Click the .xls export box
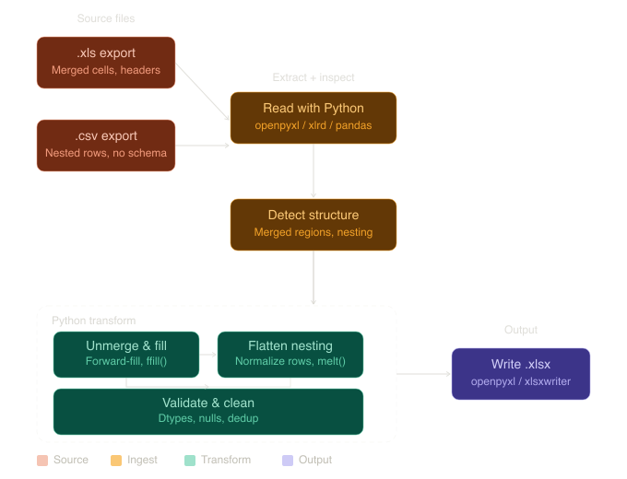[x=106, y=63]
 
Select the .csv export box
[x=106, y=145]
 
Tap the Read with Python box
[x=313, y=117]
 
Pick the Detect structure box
[x=313, y=224]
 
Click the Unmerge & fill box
[x=126, y=354]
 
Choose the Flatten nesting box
[x=290, y=354]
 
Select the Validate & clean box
[x=208, y=411]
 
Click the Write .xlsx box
[x=521, y=373]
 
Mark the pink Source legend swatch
[x=41, y=460]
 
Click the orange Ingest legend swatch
[x=115, y=460]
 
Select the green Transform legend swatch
[x=190, y=460]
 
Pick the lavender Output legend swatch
[x=287, y=460]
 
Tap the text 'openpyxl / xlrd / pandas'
[x=313, y=125]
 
